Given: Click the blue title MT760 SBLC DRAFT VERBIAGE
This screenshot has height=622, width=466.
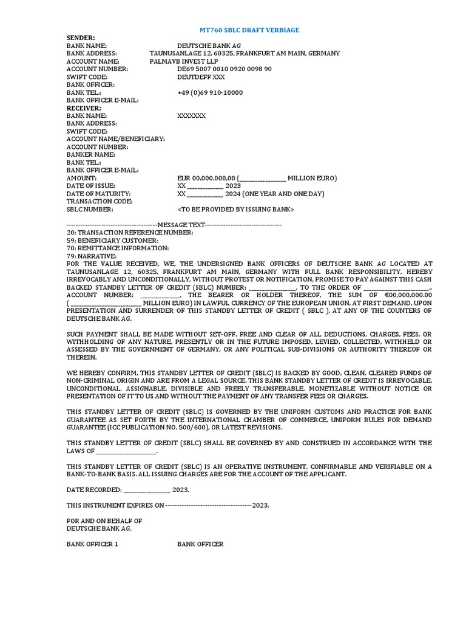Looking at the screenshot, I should [250, 30].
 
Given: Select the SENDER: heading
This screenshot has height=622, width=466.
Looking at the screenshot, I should [81, 38].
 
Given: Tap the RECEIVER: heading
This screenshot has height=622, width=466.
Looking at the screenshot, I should [84, 108].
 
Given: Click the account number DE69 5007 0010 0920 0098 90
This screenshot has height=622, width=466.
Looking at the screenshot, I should [225, 69].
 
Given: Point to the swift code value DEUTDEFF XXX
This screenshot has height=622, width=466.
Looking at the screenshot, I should [201, 77].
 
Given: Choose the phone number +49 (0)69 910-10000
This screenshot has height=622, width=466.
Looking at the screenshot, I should [210, 92].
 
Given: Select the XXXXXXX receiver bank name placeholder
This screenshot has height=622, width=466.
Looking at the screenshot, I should [191, 115].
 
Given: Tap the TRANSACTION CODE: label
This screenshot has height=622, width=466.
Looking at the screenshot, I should [100, 201].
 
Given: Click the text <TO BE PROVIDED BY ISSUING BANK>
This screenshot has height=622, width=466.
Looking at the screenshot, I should [235, 209].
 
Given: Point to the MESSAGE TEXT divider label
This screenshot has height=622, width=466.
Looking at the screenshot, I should [181, 225].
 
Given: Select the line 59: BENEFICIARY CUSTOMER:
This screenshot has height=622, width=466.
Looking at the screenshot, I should [112, 241].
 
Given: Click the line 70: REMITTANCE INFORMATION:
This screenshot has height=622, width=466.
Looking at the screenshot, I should [118, 248].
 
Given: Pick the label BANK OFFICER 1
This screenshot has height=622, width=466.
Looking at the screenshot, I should [92, 544].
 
